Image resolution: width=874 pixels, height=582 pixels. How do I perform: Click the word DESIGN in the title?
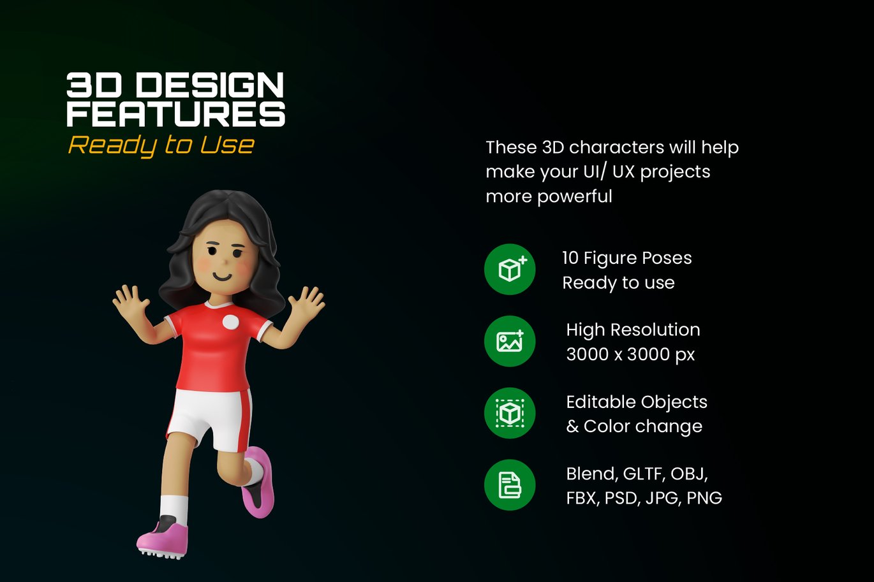point(209,85)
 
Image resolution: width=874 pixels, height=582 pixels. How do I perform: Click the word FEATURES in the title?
point(176,113)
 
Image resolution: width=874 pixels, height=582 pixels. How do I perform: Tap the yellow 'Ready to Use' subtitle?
point(161,145)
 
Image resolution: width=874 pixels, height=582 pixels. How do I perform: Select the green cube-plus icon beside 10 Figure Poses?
point(510,270)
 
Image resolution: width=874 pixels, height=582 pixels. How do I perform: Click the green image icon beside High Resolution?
point(510,341)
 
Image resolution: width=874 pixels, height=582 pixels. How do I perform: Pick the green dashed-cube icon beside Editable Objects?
point(510,413)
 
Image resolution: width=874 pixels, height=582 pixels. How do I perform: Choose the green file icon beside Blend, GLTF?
point(510,485)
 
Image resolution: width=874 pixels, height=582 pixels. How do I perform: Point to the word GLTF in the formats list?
point(644,474)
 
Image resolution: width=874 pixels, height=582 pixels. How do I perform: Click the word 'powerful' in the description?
point(575,196)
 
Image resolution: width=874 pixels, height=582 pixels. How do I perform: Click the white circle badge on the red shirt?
point(230,322)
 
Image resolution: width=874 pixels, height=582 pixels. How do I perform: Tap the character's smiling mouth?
point(223,277)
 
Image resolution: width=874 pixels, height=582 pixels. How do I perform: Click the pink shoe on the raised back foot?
point(258,482)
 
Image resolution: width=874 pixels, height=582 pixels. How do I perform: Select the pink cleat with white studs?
point(163,537)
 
